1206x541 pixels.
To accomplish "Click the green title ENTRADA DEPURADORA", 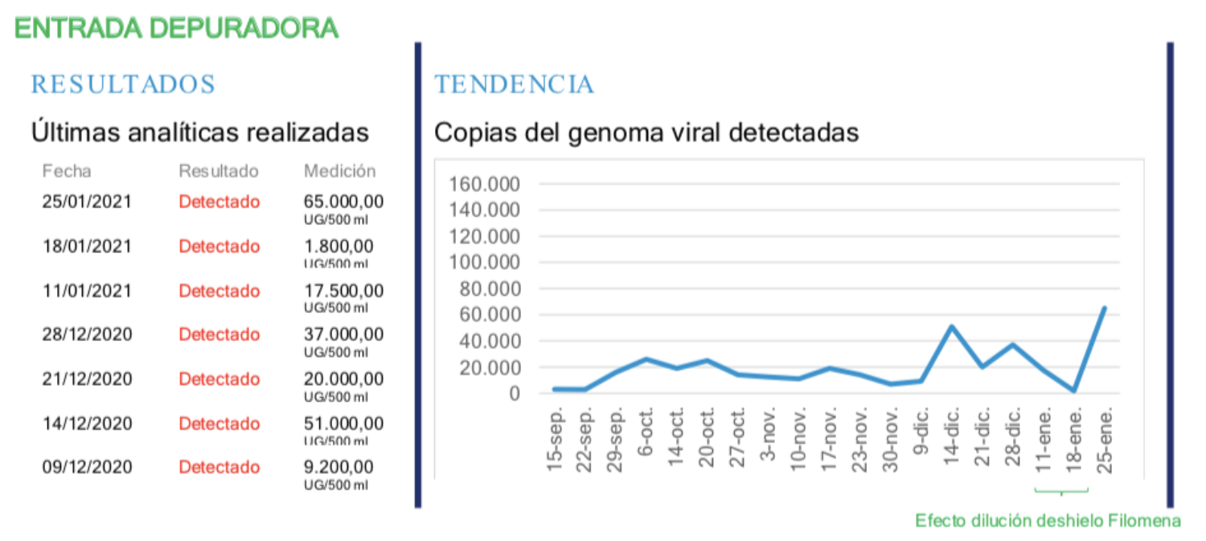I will tap(176, 28).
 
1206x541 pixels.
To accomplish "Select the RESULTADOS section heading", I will tap(123, 84).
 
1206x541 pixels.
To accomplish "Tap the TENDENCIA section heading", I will tap(514, 84).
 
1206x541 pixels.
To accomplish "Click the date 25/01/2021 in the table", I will tap(87, 202).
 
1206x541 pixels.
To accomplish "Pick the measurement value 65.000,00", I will tap(343, 202).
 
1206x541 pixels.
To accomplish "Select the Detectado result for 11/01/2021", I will tap(219, 291).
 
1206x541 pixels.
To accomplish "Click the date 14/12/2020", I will tap(87, 424).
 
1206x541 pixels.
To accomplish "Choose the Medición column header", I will tap(339, 171).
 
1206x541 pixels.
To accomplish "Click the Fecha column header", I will tap(67, 171).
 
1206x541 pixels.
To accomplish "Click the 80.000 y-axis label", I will tap(492, 289).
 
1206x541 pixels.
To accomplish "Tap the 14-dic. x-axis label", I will tap(952, 434).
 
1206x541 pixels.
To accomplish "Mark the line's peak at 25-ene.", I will tap(1104, 308).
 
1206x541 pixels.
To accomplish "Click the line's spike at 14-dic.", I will tap(952, 326).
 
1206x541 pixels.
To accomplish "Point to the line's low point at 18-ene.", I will tap(1074, 391).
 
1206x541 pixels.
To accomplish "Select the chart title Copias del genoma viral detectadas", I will tap(646, 132).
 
